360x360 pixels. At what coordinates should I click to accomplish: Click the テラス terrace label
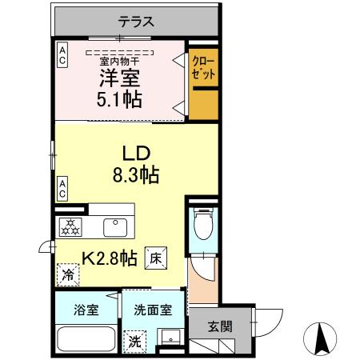pyautogui.click(x=137, y=22)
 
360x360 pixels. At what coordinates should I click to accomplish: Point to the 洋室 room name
pyautogui.click(x=120, y=79)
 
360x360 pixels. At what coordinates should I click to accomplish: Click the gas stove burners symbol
pyautogui.click(x=70, y=227)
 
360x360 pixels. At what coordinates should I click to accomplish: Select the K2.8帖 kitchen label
pyautogui.click(x=110, y=258)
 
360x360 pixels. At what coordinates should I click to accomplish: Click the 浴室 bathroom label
pyautogui.click(x=86, y=310)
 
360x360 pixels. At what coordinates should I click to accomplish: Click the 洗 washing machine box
pyautogui.click(x=135, y=339)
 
